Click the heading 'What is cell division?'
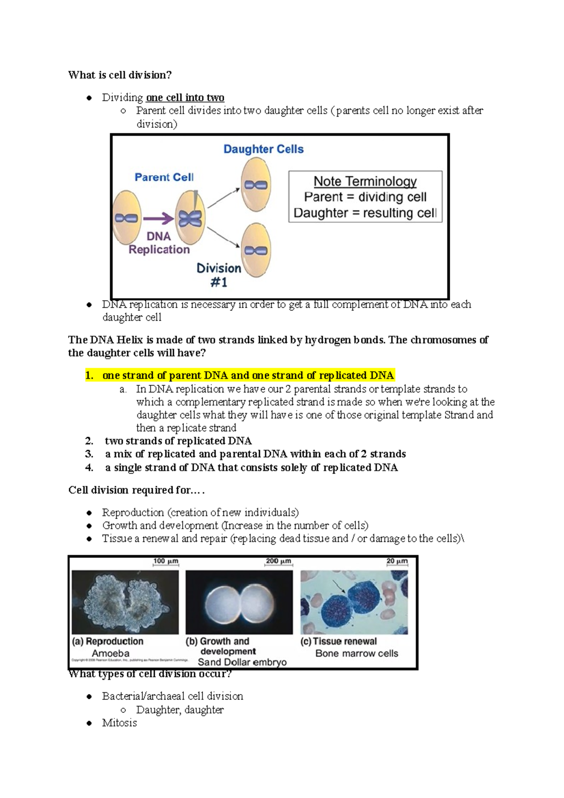click(120, 75)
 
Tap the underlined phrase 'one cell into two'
click(185, 98)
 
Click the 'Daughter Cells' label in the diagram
click(263, 149)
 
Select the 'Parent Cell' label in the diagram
click(164, 178)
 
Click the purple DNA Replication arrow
click(158, 219)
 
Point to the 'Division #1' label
click(219, 275)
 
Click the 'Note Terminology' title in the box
click(365, 181)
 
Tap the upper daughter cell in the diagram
click(256, 185)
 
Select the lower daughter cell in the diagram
click(256, 250)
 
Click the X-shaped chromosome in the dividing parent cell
click(190, 219)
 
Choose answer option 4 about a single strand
click(251, 468)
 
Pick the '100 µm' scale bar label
click(165, 561)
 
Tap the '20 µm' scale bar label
click(397, 561)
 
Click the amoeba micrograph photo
click(125, 602)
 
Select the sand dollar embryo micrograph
click(239, 602)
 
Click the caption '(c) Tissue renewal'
click(338, 642)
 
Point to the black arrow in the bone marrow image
click(339, 587)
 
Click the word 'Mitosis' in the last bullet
click(119, 723)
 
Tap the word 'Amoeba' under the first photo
click(110, 653)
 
